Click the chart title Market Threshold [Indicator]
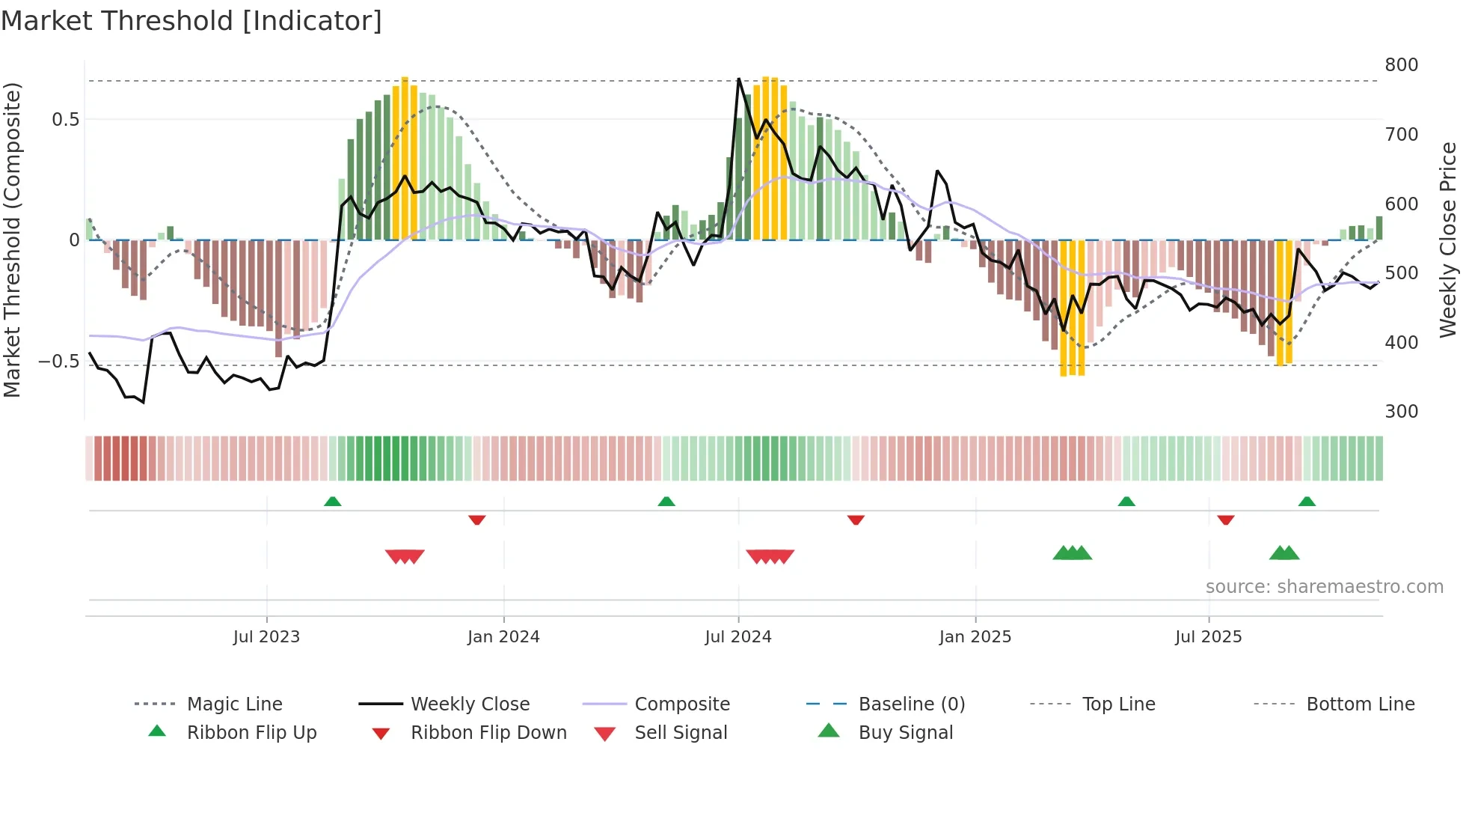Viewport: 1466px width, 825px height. click(x=191, y=21)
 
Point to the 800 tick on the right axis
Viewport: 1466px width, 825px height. click(x=1401, y=65)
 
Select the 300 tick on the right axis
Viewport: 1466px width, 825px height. click(x=1401, y=412)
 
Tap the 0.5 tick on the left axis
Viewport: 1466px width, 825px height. click(x=65, y=120)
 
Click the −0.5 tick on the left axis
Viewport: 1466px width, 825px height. click(x=59, y=362)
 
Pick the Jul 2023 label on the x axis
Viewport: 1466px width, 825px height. click(x=266, y=637)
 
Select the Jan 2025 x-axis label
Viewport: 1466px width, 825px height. click(x=975, y=637)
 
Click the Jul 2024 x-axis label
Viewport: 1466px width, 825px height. click(x=737, y=637)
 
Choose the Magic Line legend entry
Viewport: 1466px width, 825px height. click(x=234, y=704)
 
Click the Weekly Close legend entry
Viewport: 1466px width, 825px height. click(x=470, y=704)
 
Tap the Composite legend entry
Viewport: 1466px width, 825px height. click(x=681, y=704)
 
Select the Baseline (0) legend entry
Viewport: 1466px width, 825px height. click(x=911, y=704)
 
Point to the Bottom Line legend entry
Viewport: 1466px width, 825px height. click(x=1360, y=704)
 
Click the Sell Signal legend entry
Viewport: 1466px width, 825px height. click(x=680, y=733)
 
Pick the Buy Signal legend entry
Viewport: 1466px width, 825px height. click(x=905, y=733)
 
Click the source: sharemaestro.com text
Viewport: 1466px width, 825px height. click(x=1324, y=587)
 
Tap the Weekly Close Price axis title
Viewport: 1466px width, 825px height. click(x=1448, y=240)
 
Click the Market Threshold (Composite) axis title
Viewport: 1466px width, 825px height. click(x=12, y=240)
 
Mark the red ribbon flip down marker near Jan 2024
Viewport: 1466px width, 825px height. click(x=477, y=520)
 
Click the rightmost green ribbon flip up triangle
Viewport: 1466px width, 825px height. click(x=1307, y=502)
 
